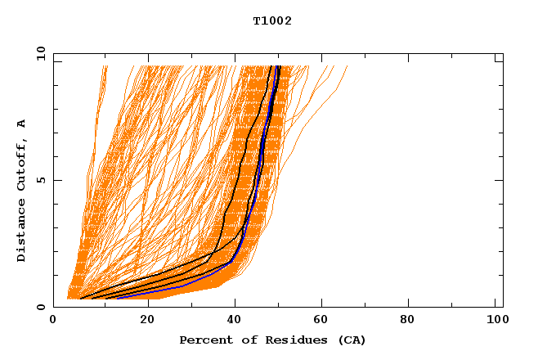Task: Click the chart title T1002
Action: click(272, 20)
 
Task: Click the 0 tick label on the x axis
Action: click(54, 322)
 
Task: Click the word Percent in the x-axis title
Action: click(202, 340)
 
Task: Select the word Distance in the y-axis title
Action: click(22, 230)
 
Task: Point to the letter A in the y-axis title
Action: click(22, 123)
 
